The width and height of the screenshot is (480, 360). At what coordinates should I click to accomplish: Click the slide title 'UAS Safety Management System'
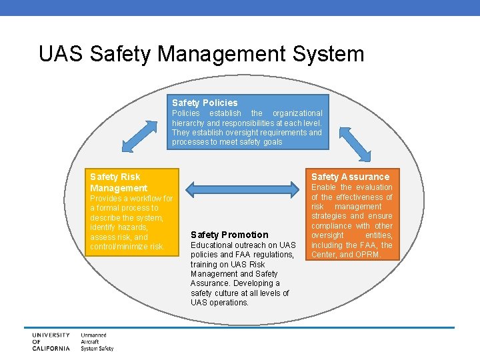coord(201,53)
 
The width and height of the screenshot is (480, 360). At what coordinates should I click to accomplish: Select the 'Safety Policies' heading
coord(205,103)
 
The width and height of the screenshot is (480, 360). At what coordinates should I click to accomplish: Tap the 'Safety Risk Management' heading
coord(119,182)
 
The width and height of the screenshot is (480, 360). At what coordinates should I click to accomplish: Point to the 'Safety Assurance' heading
coord(350,177)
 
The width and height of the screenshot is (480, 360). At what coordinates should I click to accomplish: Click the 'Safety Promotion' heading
coord(229,235)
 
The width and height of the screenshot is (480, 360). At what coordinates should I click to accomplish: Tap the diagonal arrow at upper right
coord(353,139)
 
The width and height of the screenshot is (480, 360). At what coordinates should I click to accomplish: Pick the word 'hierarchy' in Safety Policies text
coord(189,123)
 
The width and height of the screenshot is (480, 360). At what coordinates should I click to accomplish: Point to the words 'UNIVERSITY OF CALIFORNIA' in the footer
coord(51,341)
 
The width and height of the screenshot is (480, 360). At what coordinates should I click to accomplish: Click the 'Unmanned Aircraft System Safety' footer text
coord(97,341)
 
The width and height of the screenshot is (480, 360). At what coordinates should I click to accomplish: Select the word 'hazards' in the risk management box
coord(131,227)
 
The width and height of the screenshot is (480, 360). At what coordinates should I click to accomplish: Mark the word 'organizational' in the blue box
coord(297,113)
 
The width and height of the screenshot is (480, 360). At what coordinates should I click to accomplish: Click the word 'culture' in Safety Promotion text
coord(229,293)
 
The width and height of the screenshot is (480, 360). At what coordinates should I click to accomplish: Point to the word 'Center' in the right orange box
coord(325,255)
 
